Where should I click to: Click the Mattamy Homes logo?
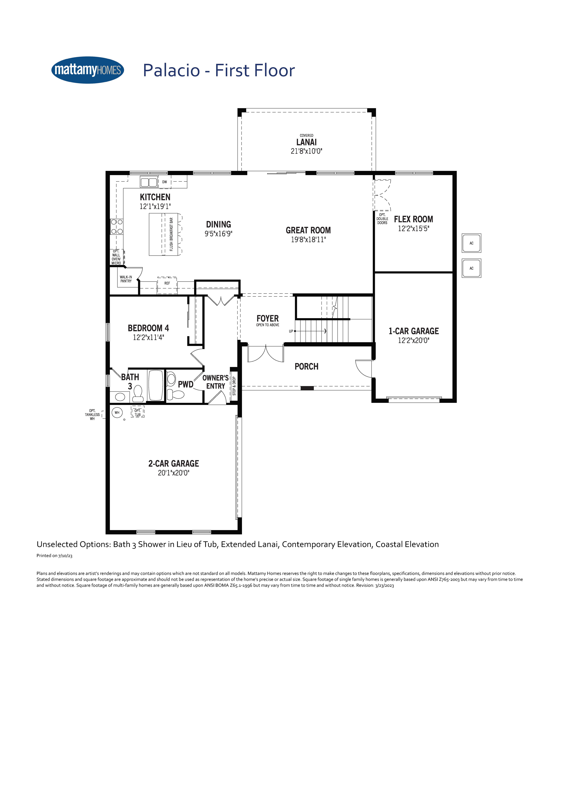coord(88,70)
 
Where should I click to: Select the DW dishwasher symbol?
coord(165,182)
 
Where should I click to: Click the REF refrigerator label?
coord(167,283)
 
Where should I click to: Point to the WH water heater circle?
coord(117,413)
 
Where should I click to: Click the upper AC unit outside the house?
coord(471,243)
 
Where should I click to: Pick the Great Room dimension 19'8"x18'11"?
coord(308,239)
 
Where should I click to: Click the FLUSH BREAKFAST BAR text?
coord(171,234)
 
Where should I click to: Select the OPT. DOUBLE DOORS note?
coord(382,219)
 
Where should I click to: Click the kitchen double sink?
coord(149,182)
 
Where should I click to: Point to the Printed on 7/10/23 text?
coord(55,556)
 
